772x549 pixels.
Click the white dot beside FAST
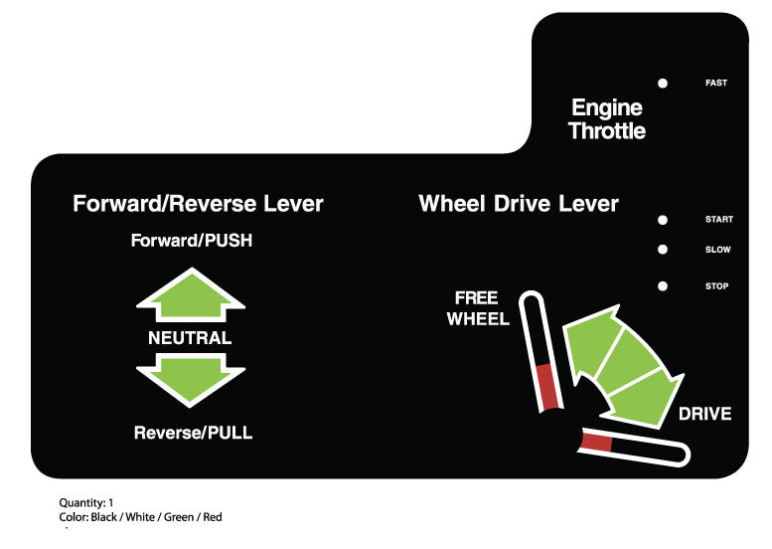pos(663,83)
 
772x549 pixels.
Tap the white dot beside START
pos(663,219)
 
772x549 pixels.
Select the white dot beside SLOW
pos(663,250)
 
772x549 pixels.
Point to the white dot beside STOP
pos(663,286)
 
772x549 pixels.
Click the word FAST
pos(716,83)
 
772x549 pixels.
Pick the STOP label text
pos(717,286)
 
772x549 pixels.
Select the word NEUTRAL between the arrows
pos(190,338)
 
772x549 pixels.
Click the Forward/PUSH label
pos(191,241)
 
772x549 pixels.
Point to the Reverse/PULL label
pos(193,433)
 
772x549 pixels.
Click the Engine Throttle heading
pos(606,119)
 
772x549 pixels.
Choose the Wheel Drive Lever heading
pos(519,204)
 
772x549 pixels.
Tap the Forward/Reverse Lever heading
pos(198,204)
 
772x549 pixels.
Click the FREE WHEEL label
pos(478,309)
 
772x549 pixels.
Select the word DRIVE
pos(704,414)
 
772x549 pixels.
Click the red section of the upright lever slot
pos(547,387)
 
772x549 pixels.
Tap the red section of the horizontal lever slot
pos(597,444)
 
